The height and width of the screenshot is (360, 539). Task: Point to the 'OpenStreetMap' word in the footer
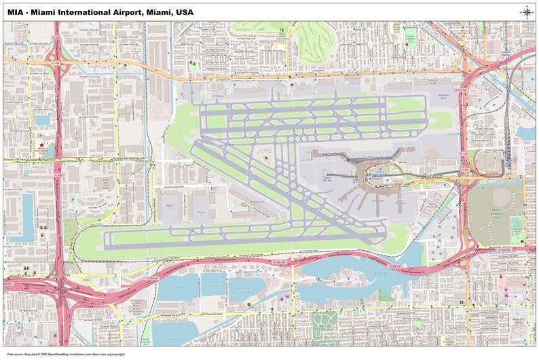[63, 354]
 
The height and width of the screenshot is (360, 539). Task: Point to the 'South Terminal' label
[400, 202]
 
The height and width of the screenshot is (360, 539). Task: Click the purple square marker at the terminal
[348, 160]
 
